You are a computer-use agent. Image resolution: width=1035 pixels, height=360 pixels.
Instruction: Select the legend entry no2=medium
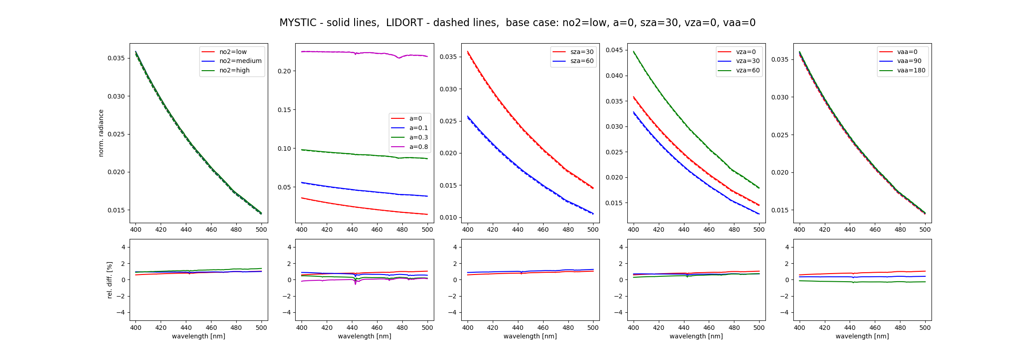pos(240,61)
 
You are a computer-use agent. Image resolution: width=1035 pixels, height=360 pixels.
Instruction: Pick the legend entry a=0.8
pos(418,147)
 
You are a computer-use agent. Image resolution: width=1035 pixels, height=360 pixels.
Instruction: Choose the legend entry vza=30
pos(747,61)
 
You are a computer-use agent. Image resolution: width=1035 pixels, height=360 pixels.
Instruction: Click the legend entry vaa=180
pos(911,71)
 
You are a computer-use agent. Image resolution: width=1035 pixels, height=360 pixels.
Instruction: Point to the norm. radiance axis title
pos(101,133)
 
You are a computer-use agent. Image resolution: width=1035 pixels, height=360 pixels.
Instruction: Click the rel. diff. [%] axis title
pos(109,280)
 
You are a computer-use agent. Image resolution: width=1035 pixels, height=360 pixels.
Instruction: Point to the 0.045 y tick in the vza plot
pos(614,50)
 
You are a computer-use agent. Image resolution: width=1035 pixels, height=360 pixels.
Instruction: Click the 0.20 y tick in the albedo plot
pos(284,71)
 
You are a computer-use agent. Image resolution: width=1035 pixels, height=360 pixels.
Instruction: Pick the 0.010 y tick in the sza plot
pos(448,218)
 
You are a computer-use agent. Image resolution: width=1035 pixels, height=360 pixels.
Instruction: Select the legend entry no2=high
pos(234,71)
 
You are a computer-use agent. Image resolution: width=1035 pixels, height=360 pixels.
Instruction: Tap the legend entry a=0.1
pos(418,128)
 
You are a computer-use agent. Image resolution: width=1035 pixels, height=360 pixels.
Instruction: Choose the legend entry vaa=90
pos(909,61)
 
